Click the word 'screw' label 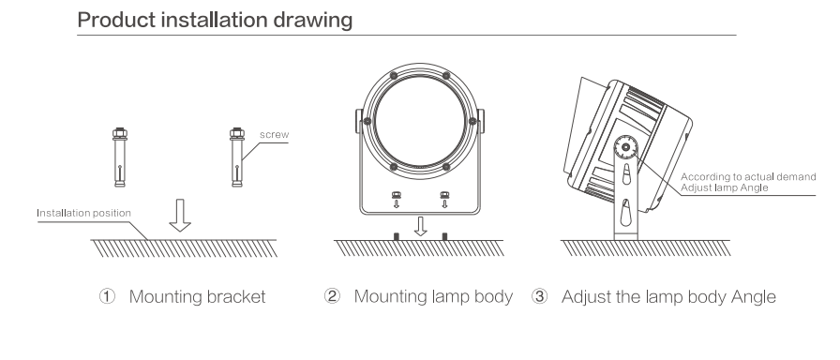(x=274, y=134)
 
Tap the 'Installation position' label (x=83, y=213)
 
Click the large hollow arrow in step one (x=180, y=216)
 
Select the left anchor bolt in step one (x=120, y=157)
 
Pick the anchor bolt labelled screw (x=237, y=157)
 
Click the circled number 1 (x=107, y=296)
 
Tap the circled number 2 (x=332, y=296)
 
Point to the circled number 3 (x=539, y=296)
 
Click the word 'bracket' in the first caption (x=236, y=296)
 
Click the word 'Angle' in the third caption (x=754, y=297)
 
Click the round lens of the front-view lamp (x=420, y=121)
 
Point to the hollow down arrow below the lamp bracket (x=421, y=226)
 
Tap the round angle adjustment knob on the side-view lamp (x=625, y=147)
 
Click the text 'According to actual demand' (x=748, y=177)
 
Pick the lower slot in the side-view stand (x=625, y=212)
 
